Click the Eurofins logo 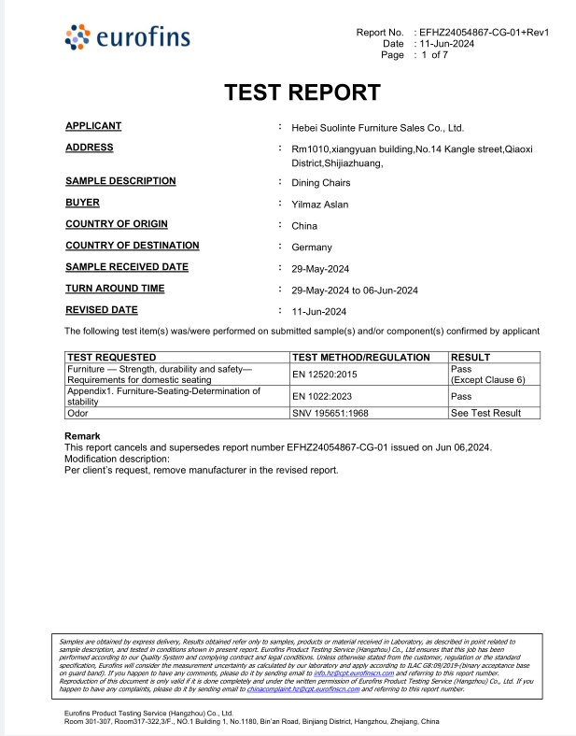pyautogui.click(x=128, y=37)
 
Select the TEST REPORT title pyautogui.click(x=302, y=92)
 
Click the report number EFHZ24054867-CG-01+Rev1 pyautogui.click(x=484, y=33)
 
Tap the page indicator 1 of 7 pyautogui.click(x=434, y=55)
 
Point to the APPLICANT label pyautogui.click(x=93, y=126)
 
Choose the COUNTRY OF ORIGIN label pyautogui.click(x=117, y=224)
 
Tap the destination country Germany pyautogui.click(x=312, y=248)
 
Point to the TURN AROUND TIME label pyautogui.click(x=115, y=289)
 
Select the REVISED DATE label pyautogui.click(x=102, y=310)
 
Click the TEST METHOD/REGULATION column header pyautogui.click(x=361, y=357)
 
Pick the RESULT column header pyautogui.click(x=471, y=357)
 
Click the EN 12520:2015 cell pyautogui.click(x=325, y=375)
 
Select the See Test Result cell pyautogui.click(x=486, y=413)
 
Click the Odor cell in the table pyautogui.click(x=78, y=413)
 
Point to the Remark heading pyautogui.click(x=82, y=436)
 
